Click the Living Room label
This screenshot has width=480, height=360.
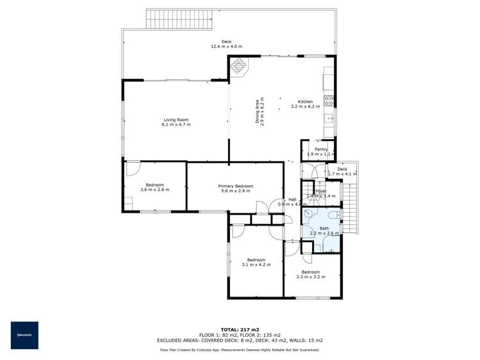click(x=176, y=119)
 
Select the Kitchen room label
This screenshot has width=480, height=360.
click(x=305, y=102)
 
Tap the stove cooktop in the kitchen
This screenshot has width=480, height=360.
click(x=329, y=101)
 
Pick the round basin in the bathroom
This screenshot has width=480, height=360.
click(x=308, y=214)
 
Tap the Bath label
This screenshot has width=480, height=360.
click(x=324, y=229)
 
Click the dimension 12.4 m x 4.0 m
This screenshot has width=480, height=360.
click(x=227, y=47)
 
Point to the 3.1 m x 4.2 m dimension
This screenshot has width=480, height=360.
click(x=256, y=264)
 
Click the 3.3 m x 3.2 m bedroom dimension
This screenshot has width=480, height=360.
click(x=311, y=277)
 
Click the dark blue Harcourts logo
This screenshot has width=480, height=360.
click(x=24, y=335)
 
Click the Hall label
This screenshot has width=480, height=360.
click(x=292, y=199)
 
